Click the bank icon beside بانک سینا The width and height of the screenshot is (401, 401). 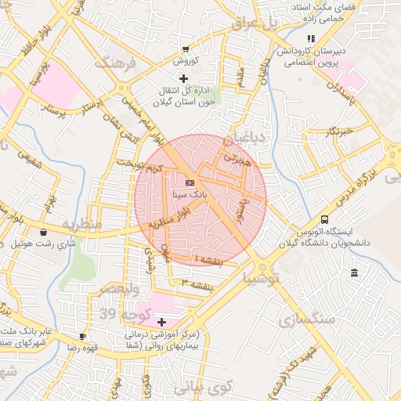point(179,182)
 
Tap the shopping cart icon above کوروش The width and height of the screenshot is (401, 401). point(185,49)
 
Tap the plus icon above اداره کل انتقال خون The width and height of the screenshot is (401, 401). point(183,78)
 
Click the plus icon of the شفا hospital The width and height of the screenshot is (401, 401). point(162,322)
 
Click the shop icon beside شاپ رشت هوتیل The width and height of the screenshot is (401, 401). point(42,232)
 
